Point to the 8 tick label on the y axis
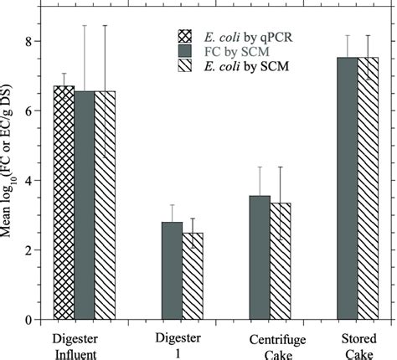tap(28, 41)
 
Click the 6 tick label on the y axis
tap(28, 111)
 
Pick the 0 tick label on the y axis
tap(28, 320)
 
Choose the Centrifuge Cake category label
tap(271, 346)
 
